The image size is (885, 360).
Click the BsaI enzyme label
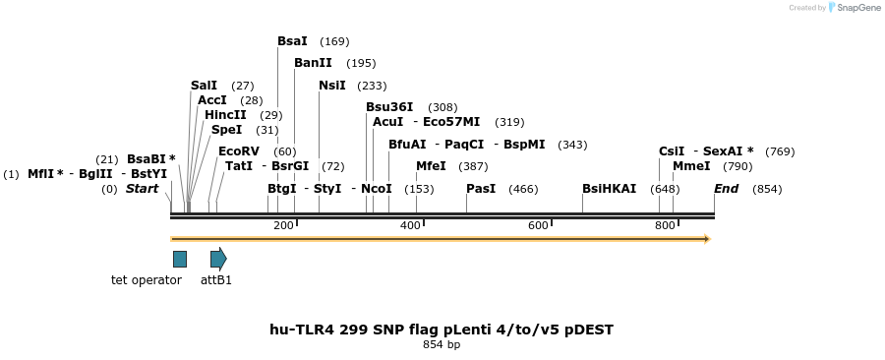pyautogui.click(x=292, y=41)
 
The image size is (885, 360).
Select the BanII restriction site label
pyautogui.click(x=311, y=63)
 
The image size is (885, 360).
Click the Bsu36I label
pyautogui.click(x=389, y=107)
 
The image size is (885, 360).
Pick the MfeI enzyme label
pyautogui.click(x=431, y=166)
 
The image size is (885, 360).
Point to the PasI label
pyautogui.click(x=481, y=188)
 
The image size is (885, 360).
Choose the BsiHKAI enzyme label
pyautogui.click(x=609, y=188)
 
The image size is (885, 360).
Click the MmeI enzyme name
pyautogui.click(x=691, y=166)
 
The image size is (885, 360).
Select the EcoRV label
pyautogui.click(x=239, y=151)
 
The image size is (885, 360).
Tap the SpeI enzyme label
pyautogui.click(x=226, y=130)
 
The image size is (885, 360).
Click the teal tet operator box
pyautogui.click(x=180, y=259)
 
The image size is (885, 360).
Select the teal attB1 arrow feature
pyautogui.click(x=218, y=259)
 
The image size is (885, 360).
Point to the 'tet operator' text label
pyautogui.click(x=147, y=280)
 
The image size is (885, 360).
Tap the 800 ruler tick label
pyautogui.click(x=665, y=226)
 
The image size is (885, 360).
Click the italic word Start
pyautogui.click(x=142, y=189)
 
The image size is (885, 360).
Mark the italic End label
pyautogui.click(x=726, y=189)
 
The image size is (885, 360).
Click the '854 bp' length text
pyautogui.click(x=442, y=345)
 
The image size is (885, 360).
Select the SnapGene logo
pyautogui.click(x=855, y=8)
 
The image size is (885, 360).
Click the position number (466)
pyautogui.click(x=523, y=189)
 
